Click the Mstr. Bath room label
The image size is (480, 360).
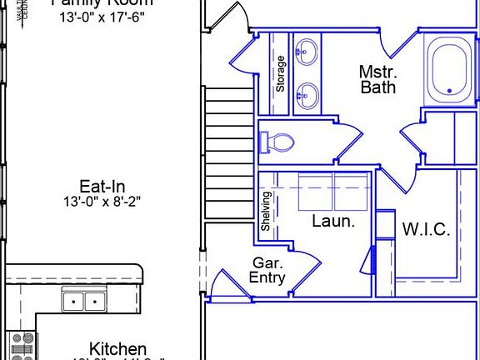[x=377, y=78]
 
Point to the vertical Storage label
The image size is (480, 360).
[x=282, y=73]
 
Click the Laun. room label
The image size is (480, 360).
[x=333, y=221]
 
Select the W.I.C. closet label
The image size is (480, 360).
[x=426, y=229]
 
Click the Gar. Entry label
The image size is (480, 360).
[x=267, y=271]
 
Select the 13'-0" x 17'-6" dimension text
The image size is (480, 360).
[x=102, y=17]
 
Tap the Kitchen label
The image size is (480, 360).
[x=118, y=349]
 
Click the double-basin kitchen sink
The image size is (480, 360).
[x=83, y=301]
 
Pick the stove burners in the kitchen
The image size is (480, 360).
[x=20, y=345]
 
